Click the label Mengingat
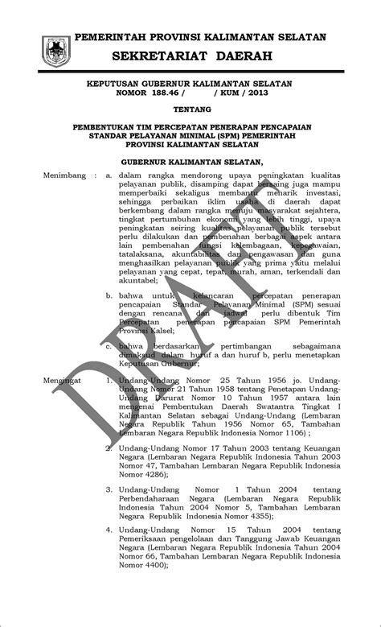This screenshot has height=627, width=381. (63, 377)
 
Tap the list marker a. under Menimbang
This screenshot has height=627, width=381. (109, 174)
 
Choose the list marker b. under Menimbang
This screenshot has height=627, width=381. (109, 296)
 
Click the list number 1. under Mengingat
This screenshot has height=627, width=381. (109, 377)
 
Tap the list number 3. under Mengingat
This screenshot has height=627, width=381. (109, 489)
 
